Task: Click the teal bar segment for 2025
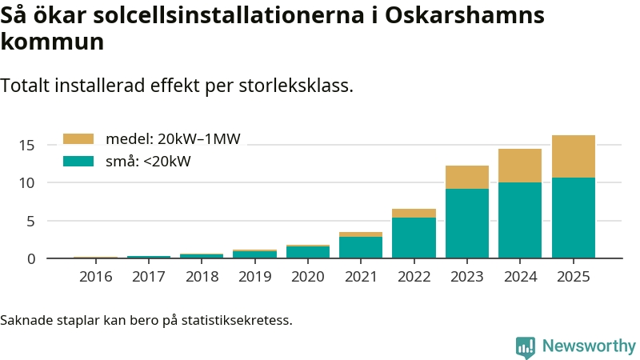(x=574, y=218)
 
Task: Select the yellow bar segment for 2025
(x=574, y=156)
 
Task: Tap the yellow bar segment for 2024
(x=520, y=166)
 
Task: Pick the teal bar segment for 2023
(x=467, y=223)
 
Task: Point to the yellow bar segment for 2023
(x=467, y=177)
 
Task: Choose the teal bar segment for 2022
(x=414, y=238)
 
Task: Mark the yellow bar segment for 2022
(x=414, y=213)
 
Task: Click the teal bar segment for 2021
(x=361, y=247)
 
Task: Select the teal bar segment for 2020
(x=308, y=252)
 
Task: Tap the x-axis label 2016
(x=96, y=277)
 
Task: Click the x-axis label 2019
(x=255, y=277)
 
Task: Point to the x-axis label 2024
(x=520, y=277)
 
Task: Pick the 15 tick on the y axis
(x=28, y=145)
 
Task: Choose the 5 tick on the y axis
(x=31, y=221)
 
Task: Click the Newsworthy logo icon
(x=526, y=346)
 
